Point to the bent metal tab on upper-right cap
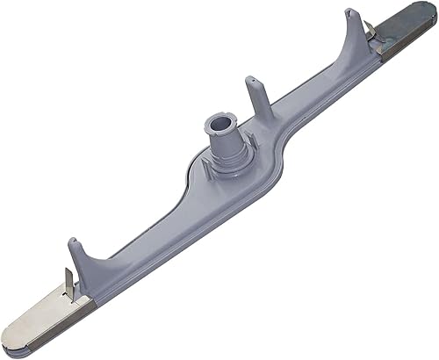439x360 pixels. tap(371, 32)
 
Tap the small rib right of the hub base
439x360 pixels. tap(252, 140)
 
